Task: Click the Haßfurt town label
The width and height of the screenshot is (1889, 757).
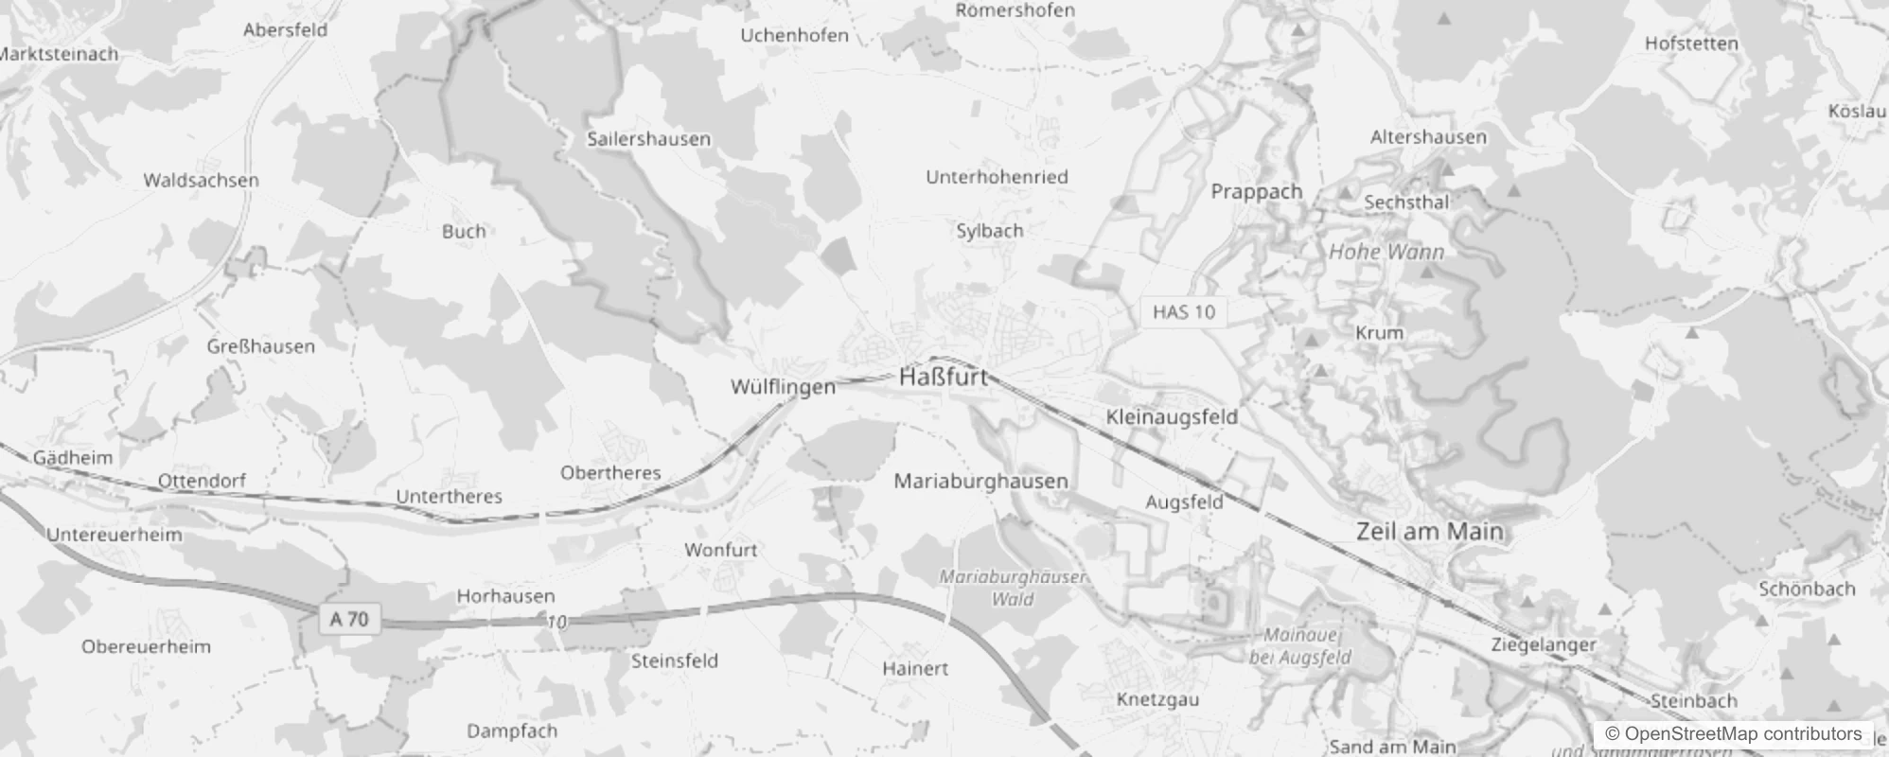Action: [x=943, y=377]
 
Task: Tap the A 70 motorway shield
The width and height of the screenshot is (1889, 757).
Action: [x=349, y=619]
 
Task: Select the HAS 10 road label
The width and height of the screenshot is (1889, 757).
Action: [x=1183, y=311]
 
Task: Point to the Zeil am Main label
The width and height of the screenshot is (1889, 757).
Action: [x=1429, y=531]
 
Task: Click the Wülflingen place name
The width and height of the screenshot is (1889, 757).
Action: [x=783, y=386]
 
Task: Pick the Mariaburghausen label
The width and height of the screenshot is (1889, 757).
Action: [x=980, y=481]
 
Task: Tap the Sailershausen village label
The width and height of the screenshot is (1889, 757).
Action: [x=648, y=139]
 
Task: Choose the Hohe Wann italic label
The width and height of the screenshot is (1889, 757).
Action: [x=1386, y=252]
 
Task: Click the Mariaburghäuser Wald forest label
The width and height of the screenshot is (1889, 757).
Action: [x=1013, y=588]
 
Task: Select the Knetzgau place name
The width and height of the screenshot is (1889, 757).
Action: [x=1157, y=699]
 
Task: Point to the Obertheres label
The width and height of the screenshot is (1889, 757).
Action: [x=610, y=472]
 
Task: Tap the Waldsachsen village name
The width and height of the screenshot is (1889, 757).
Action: [x=201, y=180]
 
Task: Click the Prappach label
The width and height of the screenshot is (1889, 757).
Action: [x=1257, y=191]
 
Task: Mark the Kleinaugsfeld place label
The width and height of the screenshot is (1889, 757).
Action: [x=1171, y=416]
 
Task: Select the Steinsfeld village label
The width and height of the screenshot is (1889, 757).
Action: [x=675, y=660]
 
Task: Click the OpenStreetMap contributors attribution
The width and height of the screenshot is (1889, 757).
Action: [x=1733, y=733]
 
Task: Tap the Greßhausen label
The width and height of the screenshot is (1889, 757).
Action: [x=260, y=346]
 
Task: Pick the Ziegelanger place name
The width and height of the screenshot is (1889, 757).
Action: [x=1544, y=644]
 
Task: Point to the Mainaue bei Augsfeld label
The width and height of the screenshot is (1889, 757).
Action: [x=1300, y=646]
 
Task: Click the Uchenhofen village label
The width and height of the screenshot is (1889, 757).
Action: [x=794, y=35]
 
